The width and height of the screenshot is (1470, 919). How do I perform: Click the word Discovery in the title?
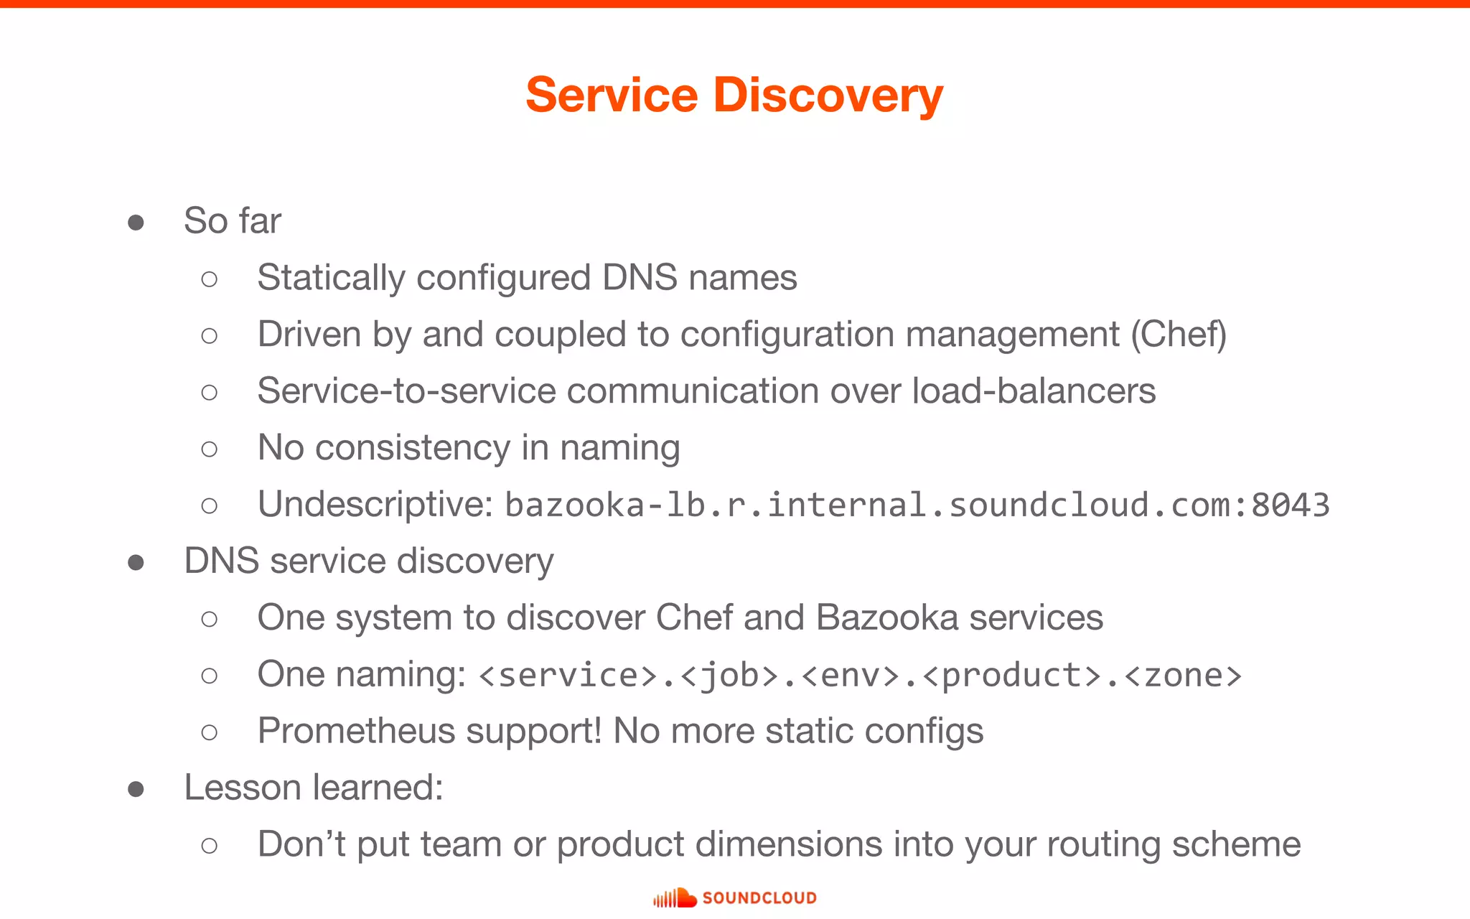tap(828, 95)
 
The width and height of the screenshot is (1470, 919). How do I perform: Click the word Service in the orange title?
tap(612, 95)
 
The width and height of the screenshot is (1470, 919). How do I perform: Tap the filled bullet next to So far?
tap(136, 223)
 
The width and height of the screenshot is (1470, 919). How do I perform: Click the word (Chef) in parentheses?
tap(1179, 335)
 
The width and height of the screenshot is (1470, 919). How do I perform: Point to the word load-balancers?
tap(1034, 391)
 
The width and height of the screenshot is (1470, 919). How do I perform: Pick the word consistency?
tap(412, 449)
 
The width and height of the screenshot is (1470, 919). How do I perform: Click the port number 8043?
tap(1290, 505)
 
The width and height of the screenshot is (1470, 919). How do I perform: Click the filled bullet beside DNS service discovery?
tap(136, 562)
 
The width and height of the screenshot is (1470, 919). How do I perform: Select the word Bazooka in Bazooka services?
tap(887, 618)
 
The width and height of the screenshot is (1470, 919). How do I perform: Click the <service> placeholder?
tap(568, 676)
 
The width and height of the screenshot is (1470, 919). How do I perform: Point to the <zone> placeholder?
tap(1183, 676)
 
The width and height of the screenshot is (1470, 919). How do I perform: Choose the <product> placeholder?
tap(1012, 676)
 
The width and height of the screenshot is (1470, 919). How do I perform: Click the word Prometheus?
tap(357, 732)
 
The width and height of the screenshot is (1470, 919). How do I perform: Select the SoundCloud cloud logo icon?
tap(675, 898)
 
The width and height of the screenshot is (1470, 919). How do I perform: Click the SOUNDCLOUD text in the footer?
tap(759, 898)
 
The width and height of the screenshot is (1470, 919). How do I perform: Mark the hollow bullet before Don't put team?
tap(210, 846)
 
